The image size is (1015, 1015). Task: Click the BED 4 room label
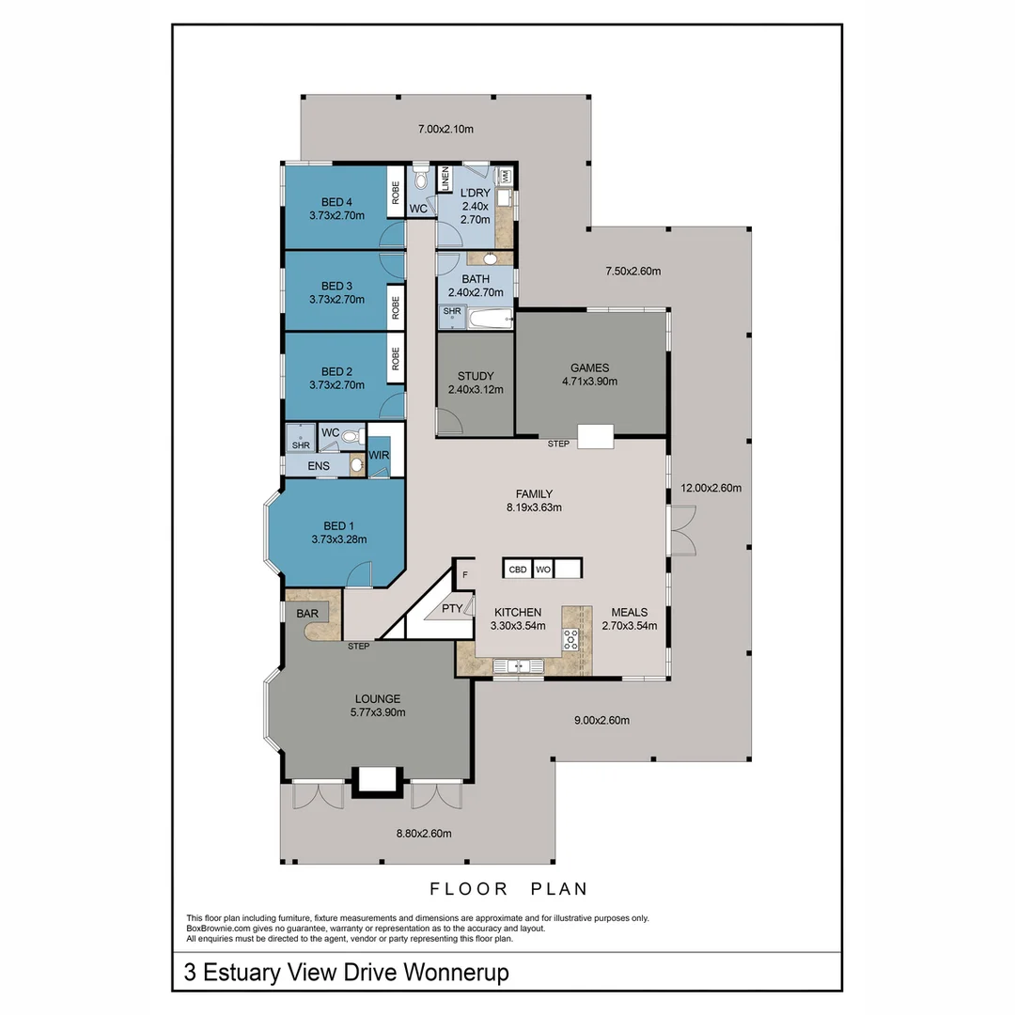click(x=336, y=201)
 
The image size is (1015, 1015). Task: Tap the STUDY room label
click(x=475, y=376)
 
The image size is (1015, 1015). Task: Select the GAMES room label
click(x=590, y=367)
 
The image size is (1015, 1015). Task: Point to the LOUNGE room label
click(x=378, y=698)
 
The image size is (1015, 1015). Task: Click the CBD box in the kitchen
click(x=517, y=569)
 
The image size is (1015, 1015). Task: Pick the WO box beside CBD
click(x=542, y=569)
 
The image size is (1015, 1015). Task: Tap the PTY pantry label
click(x=452, y=608)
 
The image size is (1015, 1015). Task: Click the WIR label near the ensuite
click(x=379, y=456)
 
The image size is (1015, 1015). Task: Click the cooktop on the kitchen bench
click(x=570, y=640)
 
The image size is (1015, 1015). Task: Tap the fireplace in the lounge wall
click(x=378, y=780)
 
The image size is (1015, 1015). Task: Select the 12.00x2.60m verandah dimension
click(x=710, y=488)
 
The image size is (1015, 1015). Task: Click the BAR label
click(x=306, y=613)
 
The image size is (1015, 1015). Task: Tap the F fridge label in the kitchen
click(x=464, y=574)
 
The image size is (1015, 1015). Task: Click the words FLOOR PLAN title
click(x=508, y=888)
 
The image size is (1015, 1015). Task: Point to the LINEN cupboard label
click(x=445, y=179)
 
